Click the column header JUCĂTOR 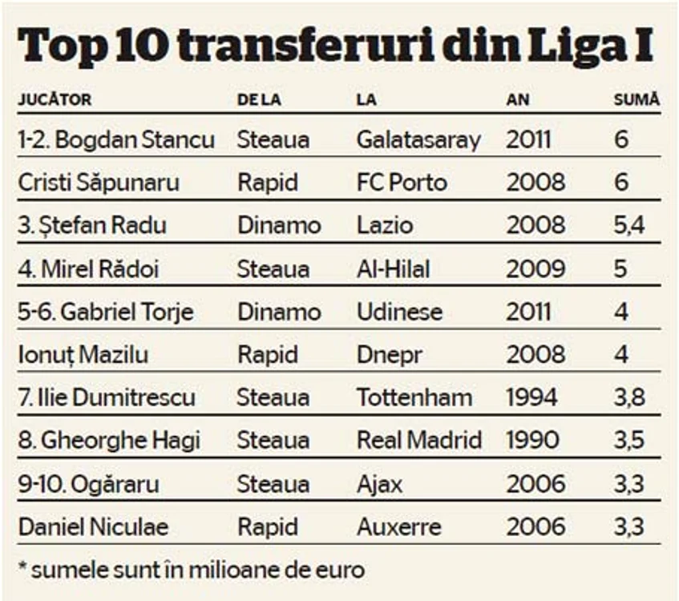click(x=55, y=99)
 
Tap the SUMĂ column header click(x=637, y=99)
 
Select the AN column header click(x=518, y=100)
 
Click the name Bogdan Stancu click(x=135, y=140)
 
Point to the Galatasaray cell click(x=418, y=140)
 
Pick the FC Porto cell click(x=402, y=182)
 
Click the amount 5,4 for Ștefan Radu click(x=629, y=225)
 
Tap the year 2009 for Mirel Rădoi click(x=536, y=268)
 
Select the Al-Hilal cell click(x=393, y=268)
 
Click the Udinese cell click(x=400, y=312)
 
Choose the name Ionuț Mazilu click(x=83, y=355)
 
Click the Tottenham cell click(x=414, y=397)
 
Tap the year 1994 click(x=531, y=397)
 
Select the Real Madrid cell click(x=419, y=441)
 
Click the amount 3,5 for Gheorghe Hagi click(x=629, y=441)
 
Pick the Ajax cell click(x=380, y=484)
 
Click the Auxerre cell click(x=399, y=527)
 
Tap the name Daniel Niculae click(x=93, y=527)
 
